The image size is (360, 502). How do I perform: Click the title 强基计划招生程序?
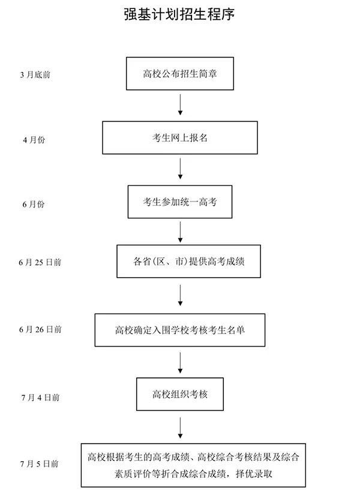[x=179, y=14]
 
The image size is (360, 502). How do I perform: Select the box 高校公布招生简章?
[x=179, y=74]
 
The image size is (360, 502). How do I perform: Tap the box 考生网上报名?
[x=179, y=138]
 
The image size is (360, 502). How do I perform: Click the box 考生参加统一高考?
[x=179, y=202]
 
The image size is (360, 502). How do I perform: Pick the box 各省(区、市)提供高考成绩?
[x=188, y=261]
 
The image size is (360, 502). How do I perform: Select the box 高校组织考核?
[x=179, y=395]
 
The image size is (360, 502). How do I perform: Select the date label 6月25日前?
[x=40, y=263]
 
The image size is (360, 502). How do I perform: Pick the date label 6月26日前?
[x=40, y=329]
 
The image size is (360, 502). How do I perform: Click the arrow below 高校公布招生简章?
[x=180, y=104]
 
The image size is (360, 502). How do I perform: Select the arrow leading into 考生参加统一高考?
[x=180, y=169]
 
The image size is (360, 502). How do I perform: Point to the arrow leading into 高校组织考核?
[x=180, y=362]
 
